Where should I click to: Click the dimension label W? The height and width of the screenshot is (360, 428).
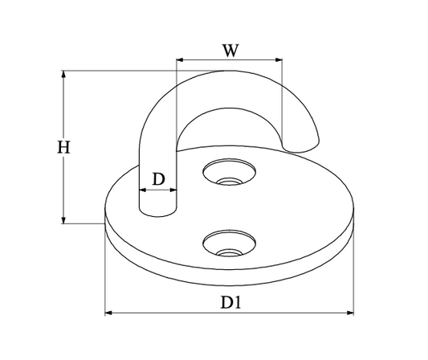tap(230, 51)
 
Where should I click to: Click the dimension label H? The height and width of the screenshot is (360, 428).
tap(63, 147)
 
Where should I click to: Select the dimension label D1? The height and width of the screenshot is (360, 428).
tap(230, 302)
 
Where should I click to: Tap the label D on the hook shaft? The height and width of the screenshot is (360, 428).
tap(159, 179)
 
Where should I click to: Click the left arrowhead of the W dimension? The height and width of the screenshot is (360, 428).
tap(180, 59)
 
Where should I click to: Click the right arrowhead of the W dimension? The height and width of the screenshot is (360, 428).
tap(279, 59)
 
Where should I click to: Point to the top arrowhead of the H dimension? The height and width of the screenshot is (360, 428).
tap(63, 74)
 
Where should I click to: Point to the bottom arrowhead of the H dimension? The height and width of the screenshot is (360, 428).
tap(63, 220)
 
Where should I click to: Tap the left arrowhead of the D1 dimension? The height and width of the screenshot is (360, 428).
tap(108, 313)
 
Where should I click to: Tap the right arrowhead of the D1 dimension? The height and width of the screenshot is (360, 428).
tap(350, 313)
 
